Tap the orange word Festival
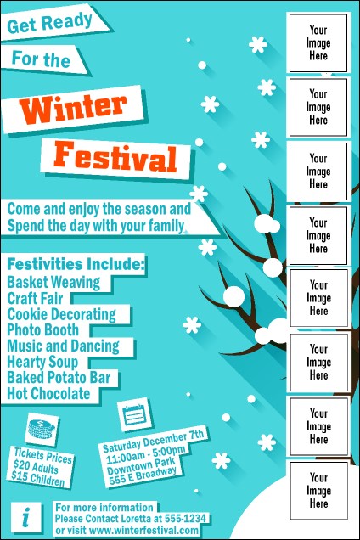(115, 157)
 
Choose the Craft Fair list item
(39, 298)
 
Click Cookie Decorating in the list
(61, 314)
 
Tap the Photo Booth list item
(43, 330)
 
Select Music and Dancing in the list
(63, 346)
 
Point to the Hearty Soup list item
(45, 363)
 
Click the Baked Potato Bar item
(56, 378)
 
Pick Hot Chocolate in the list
(48, 394)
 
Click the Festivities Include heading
(76, 264)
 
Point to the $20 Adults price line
(38, 465)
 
